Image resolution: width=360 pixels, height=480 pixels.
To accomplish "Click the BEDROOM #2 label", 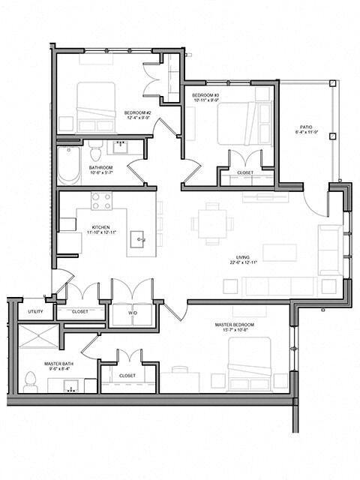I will pos(139,112).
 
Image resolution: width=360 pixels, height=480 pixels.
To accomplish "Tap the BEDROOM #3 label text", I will pos(205,95).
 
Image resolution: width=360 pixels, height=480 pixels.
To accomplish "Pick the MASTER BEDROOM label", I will pos(234,325).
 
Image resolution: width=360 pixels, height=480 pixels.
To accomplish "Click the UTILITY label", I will pos(35,311).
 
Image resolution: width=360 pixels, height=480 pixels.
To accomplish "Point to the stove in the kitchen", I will pos(101,200).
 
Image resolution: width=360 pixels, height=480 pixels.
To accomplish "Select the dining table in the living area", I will pos(208,223).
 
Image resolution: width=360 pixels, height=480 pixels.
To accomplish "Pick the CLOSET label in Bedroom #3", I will pos(244,173).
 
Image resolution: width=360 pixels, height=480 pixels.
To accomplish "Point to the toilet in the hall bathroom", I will pos(95,149).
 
